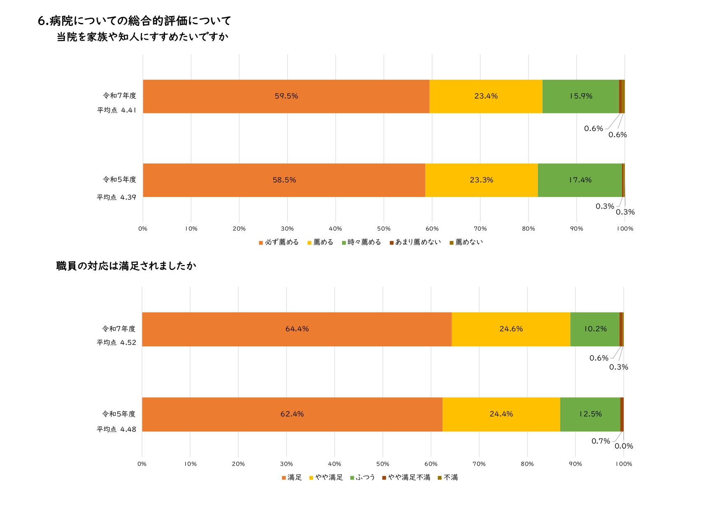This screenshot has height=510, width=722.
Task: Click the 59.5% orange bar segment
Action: (x=286, y=96)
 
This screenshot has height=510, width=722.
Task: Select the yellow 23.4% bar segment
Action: (x=486, y=96)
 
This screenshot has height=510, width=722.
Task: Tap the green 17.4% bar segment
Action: (x=580, y=180)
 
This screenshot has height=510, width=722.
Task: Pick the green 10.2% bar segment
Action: (x=595, y=329)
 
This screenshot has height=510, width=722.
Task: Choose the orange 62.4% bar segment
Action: (x=292, y=414)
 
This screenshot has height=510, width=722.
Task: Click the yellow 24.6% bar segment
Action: (x=511, y=329)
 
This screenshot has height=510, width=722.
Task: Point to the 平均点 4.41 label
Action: (x=116, y=110)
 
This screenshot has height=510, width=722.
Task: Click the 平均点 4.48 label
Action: (x=116, y=429)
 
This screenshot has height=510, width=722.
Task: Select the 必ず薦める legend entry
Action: (x=279, y=242)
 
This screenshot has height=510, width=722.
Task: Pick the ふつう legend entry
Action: (x=363, y=478)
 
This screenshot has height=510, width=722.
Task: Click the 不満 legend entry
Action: (x=448, y=478)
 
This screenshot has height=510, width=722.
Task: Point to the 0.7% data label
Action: (x=601, y=441)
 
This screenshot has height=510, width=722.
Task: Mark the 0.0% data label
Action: (x=624, y=446)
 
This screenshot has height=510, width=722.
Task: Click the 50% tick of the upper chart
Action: (x=384, y=229)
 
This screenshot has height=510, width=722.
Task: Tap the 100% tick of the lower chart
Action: (x=624, y=464)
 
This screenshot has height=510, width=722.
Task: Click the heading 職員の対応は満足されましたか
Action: (x=126, y=266)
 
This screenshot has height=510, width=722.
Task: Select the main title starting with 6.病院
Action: (x=135, y=21)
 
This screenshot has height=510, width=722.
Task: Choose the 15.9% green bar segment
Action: (x=581, y=96)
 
